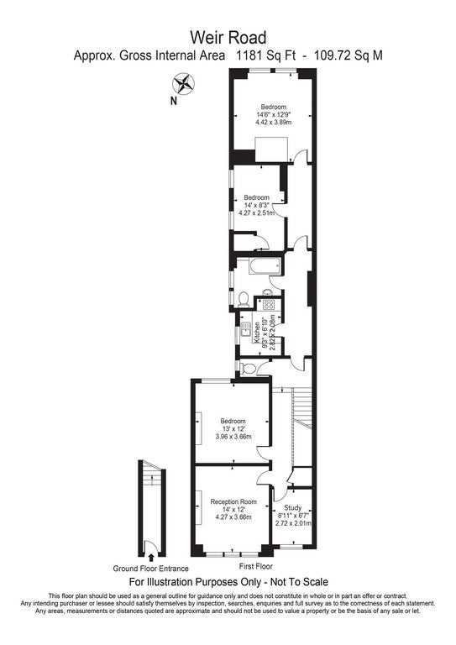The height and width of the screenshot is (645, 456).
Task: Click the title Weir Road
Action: pos(228,38)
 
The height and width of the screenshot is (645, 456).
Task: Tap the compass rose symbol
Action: pos(183,83)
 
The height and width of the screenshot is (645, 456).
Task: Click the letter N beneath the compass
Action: pos(174,101)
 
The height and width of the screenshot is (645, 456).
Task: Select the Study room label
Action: pos(293,507)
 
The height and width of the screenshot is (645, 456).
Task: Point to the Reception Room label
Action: pos(233,502)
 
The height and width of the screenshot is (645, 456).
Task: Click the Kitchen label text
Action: pos(257,333)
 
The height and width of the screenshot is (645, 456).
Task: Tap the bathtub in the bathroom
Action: pos(265,266)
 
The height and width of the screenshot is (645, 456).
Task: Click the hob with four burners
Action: pos(269,304)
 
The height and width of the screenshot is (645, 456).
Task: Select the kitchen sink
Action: pos(246,329)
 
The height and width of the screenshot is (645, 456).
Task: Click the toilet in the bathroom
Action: pos(244,300)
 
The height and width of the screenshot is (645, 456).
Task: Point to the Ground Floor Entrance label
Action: pos(150,569)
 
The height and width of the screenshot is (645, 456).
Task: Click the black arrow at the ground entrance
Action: pos(151,558)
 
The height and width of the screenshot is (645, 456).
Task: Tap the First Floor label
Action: pos(256,566)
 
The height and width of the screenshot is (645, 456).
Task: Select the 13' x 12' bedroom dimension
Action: pos(233,428)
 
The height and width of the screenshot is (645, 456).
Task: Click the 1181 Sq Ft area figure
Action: pos(265,55)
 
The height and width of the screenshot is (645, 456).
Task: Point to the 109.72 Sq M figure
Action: pos(349,55)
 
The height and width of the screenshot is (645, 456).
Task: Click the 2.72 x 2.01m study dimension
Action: pos(293,523)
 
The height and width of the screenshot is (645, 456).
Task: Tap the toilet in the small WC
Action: pos(248,367)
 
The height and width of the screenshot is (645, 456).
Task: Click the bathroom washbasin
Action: pos(267,292)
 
